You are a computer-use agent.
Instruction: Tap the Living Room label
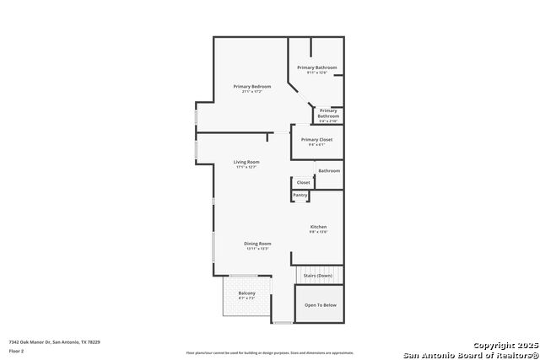[x=246, y=162]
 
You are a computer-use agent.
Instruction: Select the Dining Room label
[x=257, y=244]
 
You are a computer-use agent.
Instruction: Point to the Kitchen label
[x=318, y=227]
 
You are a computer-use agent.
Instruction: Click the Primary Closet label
[x=316, y=139]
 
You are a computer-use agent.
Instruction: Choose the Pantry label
[x=300, y=195]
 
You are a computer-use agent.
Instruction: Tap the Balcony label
[x=246, y=293]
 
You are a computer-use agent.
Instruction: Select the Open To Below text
[x=320, y=305]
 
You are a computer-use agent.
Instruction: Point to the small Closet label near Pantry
[x=303, y=182]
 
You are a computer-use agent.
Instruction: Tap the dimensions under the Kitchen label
[x=318, y=232]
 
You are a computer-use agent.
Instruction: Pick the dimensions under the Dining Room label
[x=257, y=249]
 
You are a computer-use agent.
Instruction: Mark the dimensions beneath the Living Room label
[x=246, y=167]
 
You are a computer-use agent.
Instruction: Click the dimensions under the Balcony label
[x=246, y=298]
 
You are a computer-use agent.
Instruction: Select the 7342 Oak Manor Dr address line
[x=54, y=341]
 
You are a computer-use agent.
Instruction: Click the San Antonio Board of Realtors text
[x=470, y=354]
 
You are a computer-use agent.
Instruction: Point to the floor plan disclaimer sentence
[x=270, y=352]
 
